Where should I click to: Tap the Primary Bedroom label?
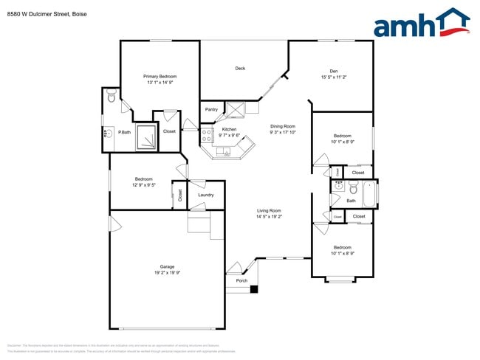[x=160, y=76]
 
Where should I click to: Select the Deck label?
[x=240, y=69]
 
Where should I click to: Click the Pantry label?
[x=211, y=110]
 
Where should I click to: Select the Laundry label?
[x=205, y=195]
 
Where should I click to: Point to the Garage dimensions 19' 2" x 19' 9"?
[x=168, y=272]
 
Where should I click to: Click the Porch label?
[x=241, y=280]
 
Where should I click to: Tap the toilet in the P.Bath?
[x=111, y=97]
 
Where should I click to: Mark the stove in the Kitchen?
[x=207, y=135]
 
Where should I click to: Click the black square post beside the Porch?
[x=253, y=288]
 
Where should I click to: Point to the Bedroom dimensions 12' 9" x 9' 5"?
[x=143, y=185]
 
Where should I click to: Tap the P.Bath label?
[x=125, y=133]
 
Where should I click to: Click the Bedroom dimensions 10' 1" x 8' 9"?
[x=342, y=253]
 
